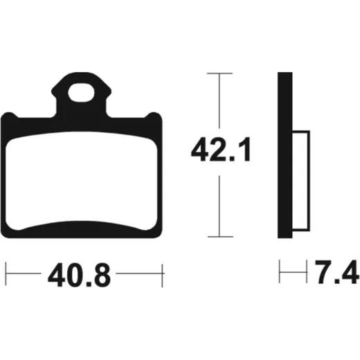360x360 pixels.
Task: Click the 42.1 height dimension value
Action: [x=221, y=150]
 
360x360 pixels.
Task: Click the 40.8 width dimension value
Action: [x=79, y=275]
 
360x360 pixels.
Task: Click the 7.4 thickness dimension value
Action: [x=336, y=272]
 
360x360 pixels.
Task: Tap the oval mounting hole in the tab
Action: [x=81, y=93]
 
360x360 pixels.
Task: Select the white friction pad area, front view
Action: [x=81, y=181]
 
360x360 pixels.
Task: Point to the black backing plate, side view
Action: [x=285, y=155]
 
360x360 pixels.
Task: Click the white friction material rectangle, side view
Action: [x=301, y=181]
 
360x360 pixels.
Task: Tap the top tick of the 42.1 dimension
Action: [x=219, y=73]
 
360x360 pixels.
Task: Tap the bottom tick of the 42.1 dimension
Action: [x=220, y=237]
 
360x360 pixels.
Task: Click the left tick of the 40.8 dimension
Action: [x=6, y=273]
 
